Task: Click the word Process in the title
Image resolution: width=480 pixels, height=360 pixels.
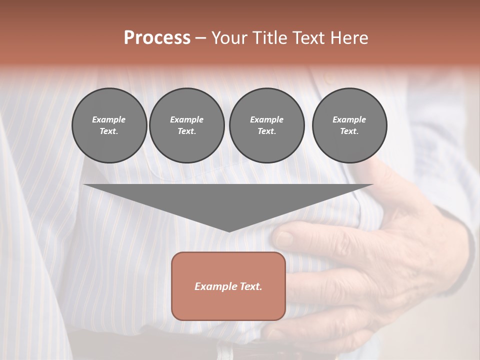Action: pos(157,38)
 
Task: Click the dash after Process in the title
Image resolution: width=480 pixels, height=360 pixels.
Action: pos(201,39)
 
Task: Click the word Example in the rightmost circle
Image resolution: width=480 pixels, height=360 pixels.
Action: pos(349,119)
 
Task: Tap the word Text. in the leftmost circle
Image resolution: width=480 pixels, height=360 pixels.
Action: pos(109,131)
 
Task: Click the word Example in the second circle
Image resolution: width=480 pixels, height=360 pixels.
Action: pos(186,119)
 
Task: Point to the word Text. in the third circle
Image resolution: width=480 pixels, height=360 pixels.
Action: pos(266,131)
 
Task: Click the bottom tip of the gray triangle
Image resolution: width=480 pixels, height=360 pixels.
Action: pos(229,230)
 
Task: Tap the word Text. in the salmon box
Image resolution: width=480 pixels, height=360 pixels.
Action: pos(250,286)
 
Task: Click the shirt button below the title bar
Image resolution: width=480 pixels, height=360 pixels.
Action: pos(327,78)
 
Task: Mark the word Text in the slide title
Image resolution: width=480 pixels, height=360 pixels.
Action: pos(311,38)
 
